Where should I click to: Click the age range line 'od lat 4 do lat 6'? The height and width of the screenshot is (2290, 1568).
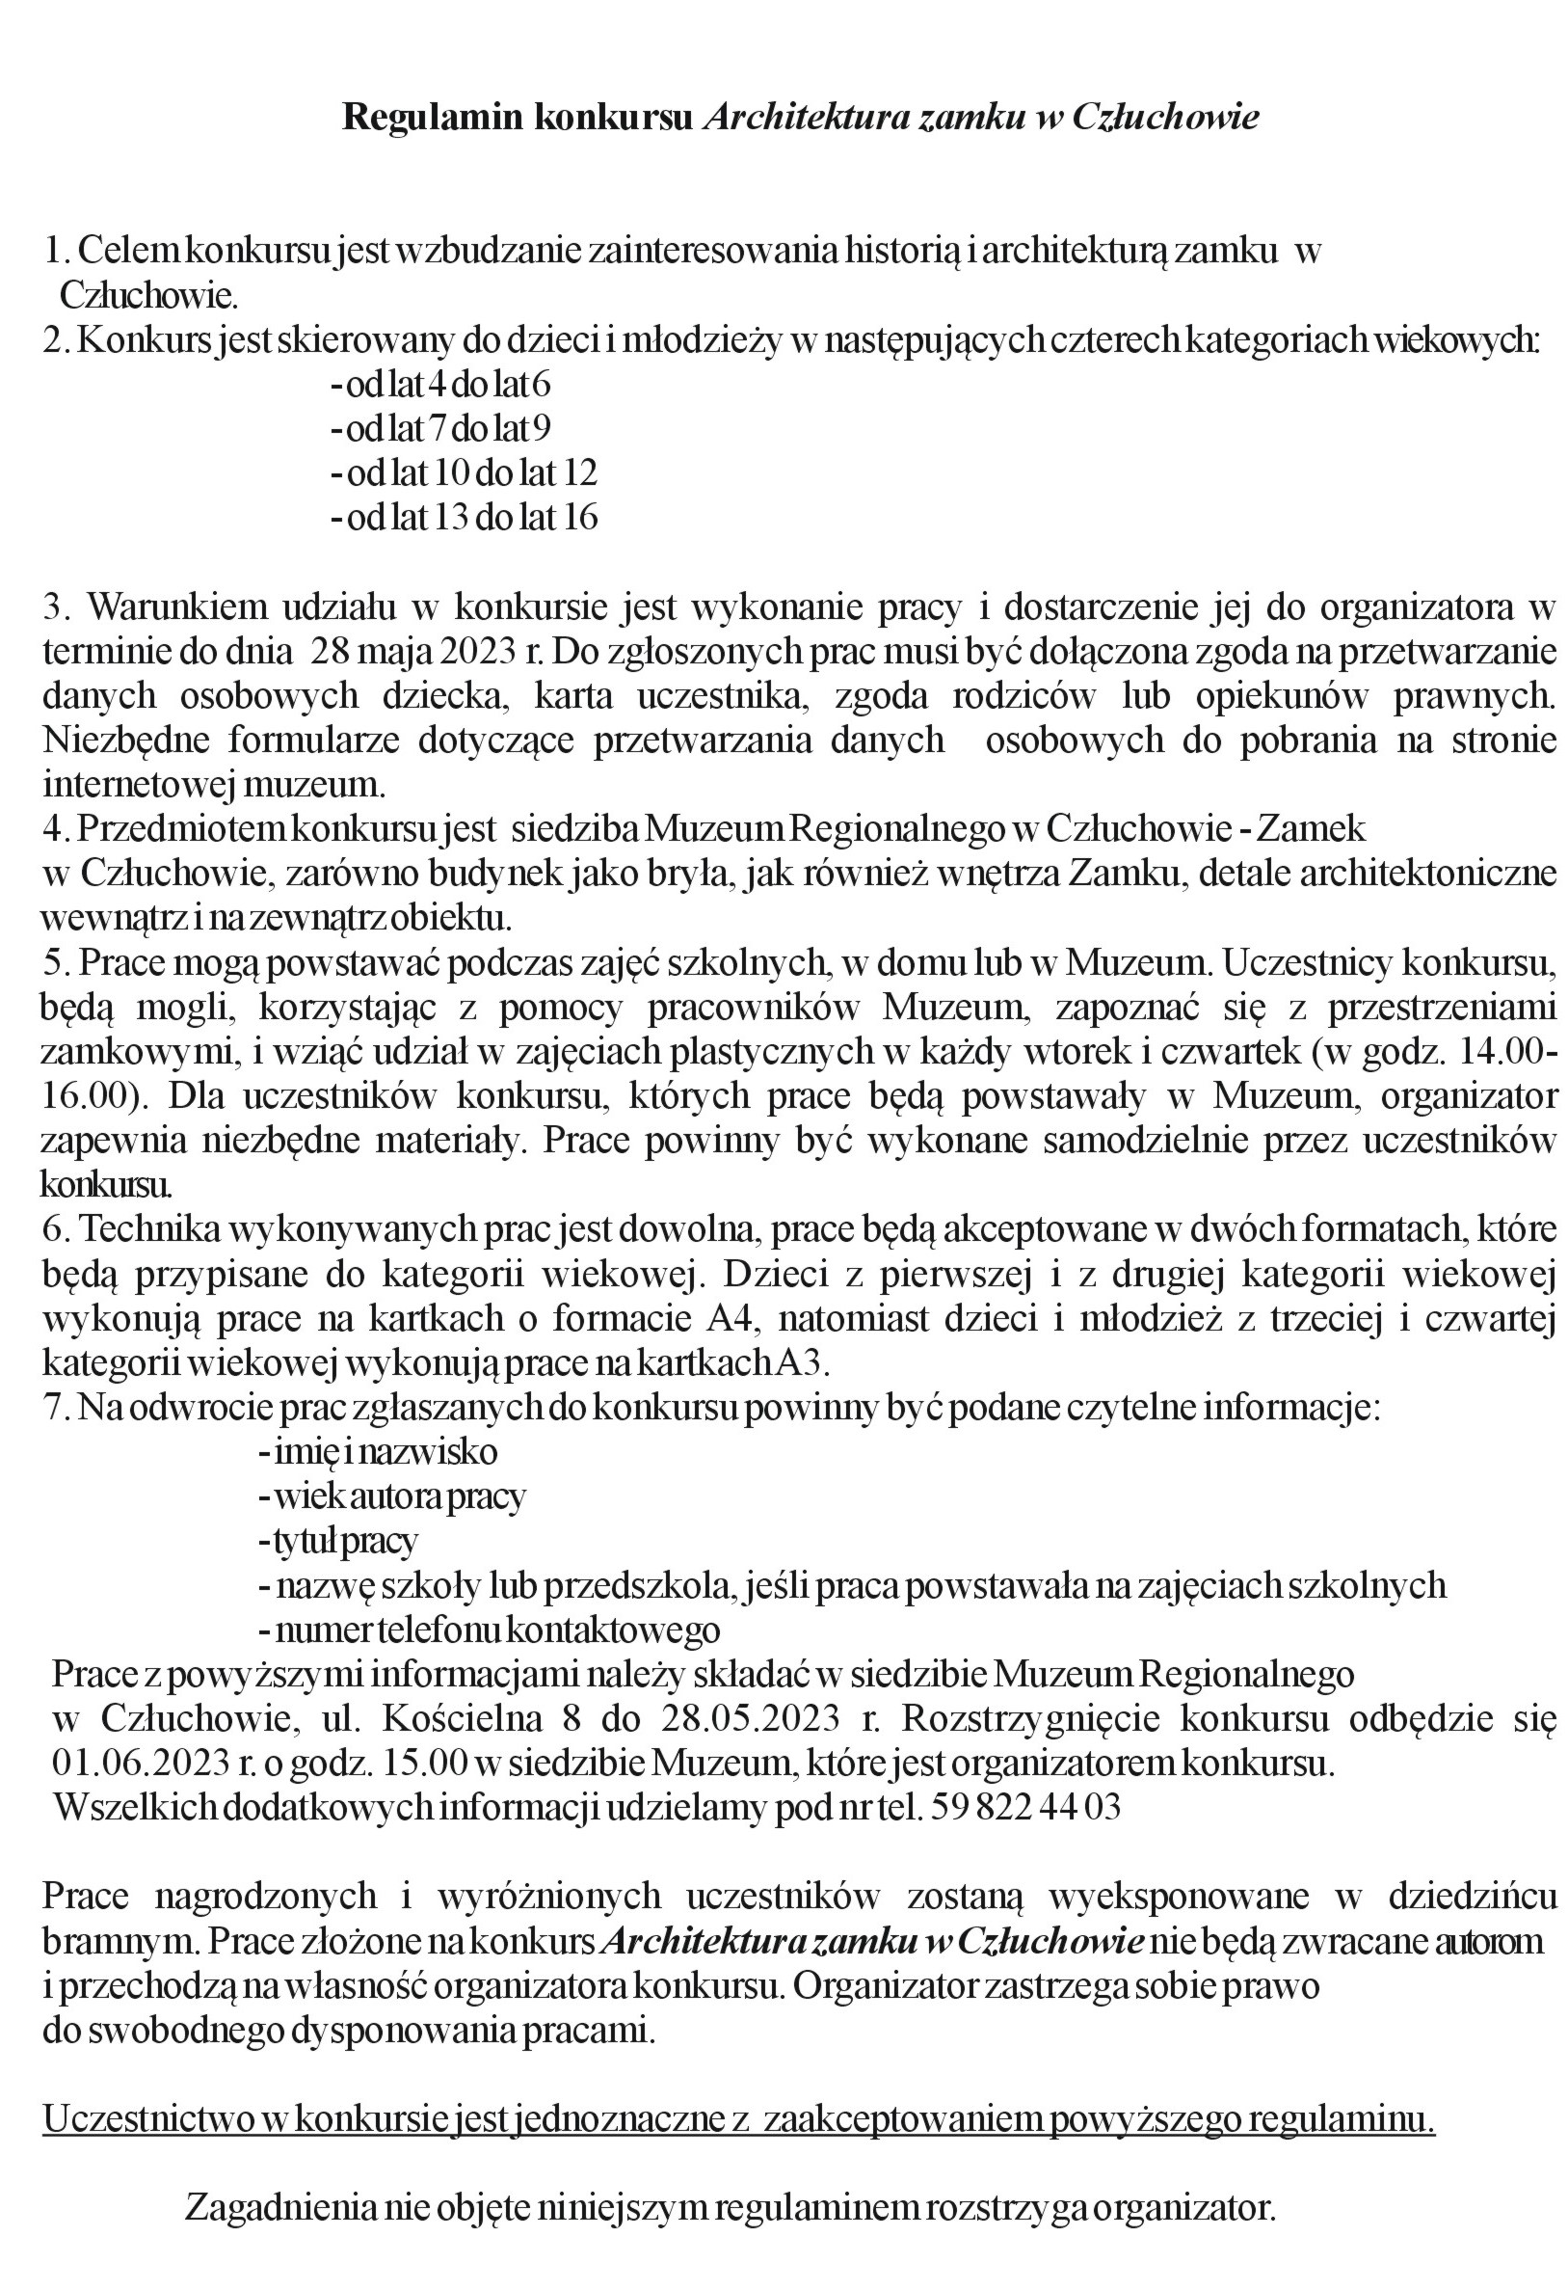coord(440,385)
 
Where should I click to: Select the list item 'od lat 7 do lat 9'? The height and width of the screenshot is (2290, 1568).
coord(440,429)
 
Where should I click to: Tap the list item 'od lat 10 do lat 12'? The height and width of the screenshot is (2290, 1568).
coord(464,473)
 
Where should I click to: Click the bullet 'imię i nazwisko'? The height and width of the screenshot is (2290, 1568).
coord(378,1451)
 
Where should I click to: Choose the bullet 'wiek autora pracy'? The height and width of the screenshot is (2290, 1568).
coord(392,1495)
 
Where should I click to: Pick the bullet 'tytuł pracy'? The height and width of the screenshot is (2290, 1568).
coord(339,1540)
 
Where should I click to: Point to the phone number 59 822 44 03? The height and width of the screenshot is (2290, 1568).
coord(1024,1807)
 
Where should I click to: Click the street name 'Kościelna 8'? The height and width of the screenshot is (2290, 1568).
coord(471,1718)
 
